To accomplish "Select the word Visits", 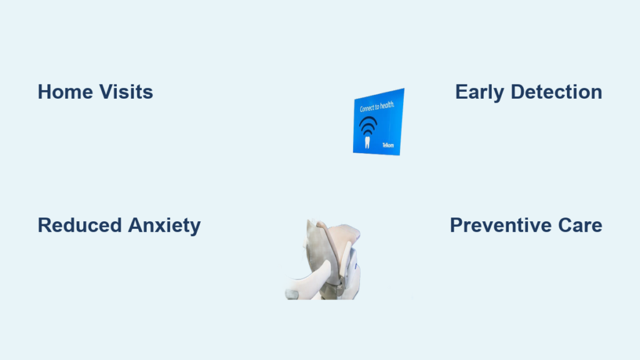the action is click(126, 92).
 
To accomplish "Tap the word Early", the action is click(479, 92).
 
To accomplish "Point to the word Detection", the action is click(556, 92).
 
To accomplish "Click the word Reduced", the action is click(80, 225).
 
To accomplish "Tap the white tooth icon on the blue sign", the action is click(367, 142).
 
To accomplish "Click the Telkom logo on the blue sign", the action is click(387, 145).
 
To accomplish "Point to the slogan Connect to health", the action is click(377, 106).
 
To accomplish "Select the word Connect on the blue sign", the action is click(366, 108).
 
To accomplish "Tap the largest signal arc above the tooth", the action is click(367, 118).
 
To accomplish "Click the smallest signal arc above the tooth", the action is click(367, 132).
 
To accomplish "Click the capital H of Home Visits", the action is click(44, 92).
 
